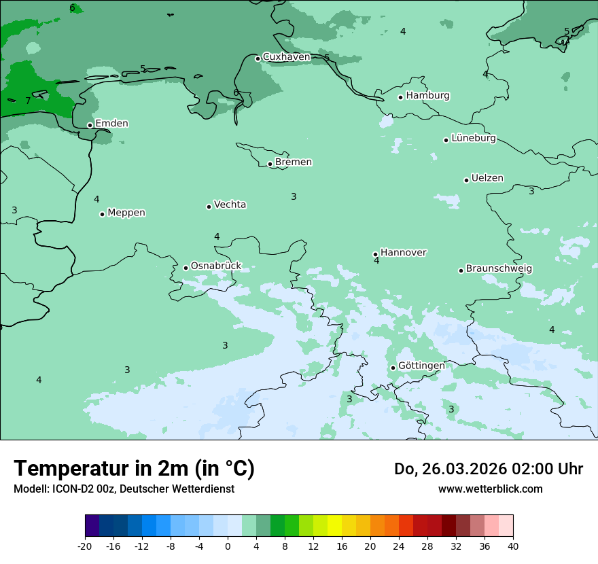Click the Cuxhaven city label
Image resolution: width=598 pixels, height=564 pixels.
point(286,57)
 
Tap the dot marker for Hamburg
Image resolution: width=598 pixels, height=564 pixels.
point(401,97)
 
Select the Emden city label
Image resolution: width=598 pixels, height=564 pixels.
point(111,124)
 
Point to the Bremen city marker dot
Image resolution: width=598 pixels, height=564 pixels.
point(270,164)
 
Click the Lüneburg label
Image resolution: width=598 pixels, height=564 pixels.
point(474,139)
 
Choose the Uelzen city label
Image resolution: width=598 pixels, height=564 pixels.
point(487,179)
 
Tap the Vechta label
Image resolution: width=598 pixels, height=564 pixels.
point(230,205)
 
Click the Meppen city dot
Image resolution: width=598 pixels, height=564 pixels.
point(102,214)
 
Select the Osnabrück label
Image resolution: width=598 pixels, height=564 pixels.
point(216,266)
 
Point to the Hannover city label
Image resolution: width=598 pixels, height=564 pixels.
point(403,253)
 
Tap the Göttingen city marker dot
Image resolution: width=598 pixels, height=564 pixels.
point(393,368)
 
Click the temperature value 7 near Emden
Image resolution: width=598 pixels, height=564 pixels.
point(28,101)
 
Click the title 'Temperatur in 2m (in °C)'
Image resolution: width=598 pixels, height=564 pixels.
point(134,469)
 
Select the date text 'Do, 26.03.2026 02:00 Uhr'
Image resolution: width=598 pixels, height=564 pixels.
point(488,469)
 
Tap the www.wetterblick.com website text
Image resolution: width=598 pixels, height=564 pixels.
point(490,489)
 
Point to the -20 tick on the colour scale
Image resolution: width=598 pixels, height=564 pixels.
point(85,546)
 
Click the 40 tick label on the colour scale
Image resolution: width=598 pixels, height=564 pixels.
point(513,546)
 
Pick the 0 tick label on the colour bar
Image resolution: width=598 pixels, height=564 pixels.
point(228,546)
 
